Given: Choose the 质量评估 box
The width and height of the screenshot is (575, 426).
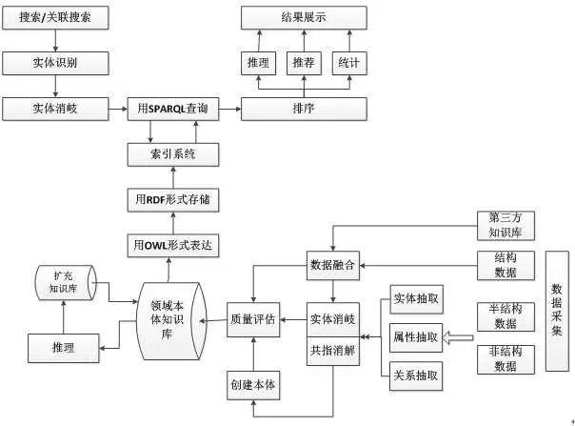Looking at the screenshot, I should [252, 320].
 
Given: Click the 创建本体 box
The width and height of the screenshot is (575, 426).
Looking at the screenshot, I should [252, 385].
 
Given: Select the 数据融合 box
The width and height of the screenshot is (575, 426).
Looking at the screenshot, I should [332, 265].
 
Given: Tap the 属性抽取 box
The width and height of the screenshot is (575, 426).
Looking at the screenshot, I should [416, 336].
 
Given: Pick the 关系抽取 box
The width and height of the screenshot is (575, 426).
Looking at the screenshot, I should [416, 375].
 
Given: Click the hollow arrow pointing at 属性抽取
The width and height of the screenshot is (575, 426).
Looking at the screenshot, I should [460, 336].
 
